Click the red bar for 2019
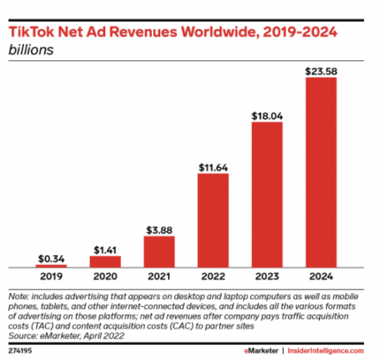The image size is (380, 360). coord(51,266)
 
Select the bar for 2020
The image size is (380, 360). coord(105,262)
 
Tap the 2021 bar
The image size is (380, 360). coord(159,252)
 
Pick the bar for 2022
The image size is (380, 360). coord(213,220)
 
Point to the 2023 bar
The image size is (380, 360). coord(267,195)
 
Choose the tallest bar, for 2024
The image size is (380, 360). coord(321,173)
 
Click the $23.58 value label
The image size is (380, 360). coord(321,71)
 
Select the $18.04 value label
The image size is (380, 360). coord(267,116)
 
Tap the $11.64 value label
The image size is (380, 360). coord(213,168)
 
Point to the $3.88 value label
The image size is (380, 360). coord(159,230)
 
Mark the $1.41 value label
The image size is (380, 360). coord(105,250)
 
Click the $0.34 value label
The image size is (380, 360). coord(51,259)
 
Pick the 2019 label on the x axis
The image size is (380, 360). coord(51,276)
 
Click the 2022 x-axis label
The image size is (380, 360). coord(213,276)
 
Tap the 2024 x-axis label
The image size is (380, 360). coord(321,276)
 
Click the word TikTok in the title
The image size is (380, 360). coord(31,32)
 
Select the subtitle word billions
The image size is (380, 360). coord(31,50)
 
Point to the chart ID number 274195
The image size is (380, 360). coord(20,351)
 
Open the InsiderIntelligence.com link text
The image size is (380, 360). coord(325,351)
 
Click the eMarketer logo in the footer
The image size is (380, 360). coord(261,351)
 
